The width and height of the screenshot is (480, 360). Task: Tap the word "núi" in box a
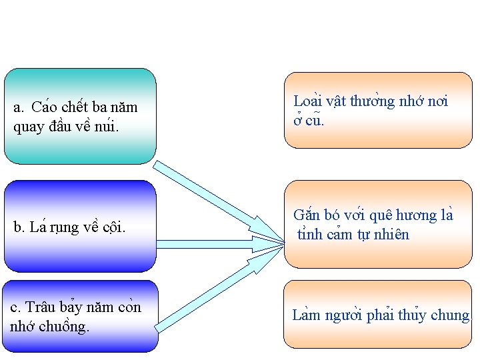pos(107,126)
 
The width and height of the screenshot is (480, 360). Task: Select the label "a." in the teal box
pos(19,107)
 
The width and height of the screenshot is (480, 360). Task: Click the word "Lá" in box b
pos(36,227)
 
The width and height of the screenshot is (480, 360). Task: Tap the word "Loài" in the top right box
pos(307,101)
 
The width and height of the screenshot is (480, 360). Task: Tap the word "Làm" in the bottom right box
pos(306,315)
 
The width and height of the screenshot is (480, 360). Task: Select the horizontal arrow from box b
pos(220,245)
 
